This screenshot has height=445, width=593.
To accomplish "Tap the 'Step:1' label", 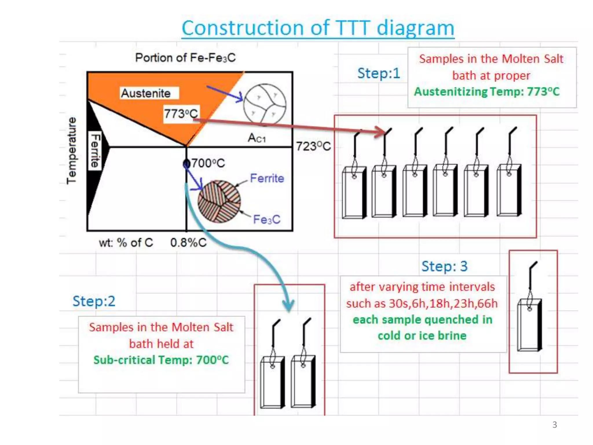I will (x=378, y=73).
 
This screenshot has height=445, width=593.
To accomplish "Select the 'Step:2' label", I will (x=94, y=301).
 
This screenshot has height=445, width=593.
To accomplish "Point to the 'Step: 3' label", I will (x=444, y=266).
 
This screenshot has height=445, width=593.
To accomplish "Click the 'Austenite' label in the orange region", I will (x=146, y=93).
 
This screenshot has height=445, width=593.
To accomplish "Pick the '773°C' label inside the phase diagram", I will (x=181, y=114).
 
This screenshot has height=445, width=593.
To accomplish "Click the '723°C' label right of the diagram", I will (x=313, y=146).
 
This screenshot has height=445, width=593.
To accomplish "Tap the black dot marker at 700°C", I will (x=187, y=164).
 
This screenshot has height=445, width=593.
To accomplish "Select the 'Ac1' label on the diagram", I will (x=257, y=138).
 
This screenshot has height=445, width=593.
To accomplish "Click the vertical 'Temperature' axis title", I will (x=71, y=151).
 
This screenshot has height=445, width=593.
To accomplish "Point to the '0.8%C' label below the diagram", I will (x=188, y=242).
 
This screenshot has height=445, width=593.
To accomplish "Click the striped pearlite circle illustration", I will (x=219, y=202).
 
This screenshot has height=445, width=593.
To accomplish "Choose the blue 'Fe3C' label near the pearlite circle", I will (x=266, y=219).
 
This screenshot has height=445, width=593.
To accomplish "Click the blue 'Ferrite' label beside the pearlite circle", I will (x=267, y=178).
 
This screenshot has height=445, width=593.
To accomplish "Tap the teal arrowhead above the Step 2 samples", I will (x=288, y=306).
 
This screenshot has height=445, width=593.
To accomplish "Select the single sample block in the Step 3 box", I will (x=530, y=324).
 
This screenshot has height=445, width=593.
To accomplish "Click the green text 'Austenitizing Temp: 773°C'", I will (x=486, y=92).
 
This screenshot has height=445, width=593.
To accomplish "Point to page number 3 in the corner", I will (x=554, y=425).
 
